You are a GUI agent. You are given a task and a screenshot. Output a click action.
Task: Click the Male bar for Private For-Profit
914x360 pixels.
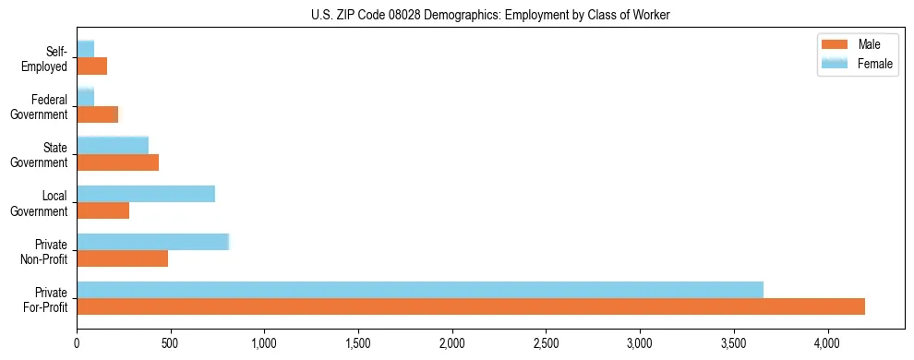coord(471,306)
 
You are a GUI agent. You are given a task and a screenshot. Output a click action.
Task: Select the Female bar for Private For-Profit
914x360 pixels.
coord(420,290)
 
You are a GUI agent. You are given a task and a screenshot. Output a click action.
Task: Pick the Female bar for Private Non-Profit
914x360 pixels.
coord(152,242)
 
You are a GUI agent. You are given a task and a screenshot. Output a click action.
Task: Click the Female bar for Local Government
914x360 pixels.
coord(146,194)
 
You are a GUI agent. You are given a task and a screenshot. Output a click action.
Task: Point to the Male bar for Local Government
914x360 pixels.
coord(102,210)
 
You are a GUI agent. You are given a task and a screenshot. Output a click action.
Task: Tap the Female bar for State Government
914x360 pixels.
coord(113,145)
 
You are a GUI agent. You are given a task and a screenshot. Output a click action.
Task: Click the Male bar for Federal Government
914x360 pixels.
coord(97,114)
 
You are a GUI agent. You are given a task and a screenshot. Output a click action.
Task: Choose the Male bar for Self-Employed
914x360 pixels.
coord(91,66)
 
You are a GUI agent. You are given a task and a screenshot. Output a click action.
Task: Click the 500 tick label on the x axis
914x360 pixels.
coord(171,343)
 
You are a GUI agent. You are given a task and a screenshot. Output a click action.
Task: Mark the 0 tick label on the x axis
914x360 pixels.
coord(77,343)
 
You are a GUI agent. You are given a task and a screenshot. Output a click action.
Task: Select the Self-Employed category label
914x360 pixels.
coord(45,59)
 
